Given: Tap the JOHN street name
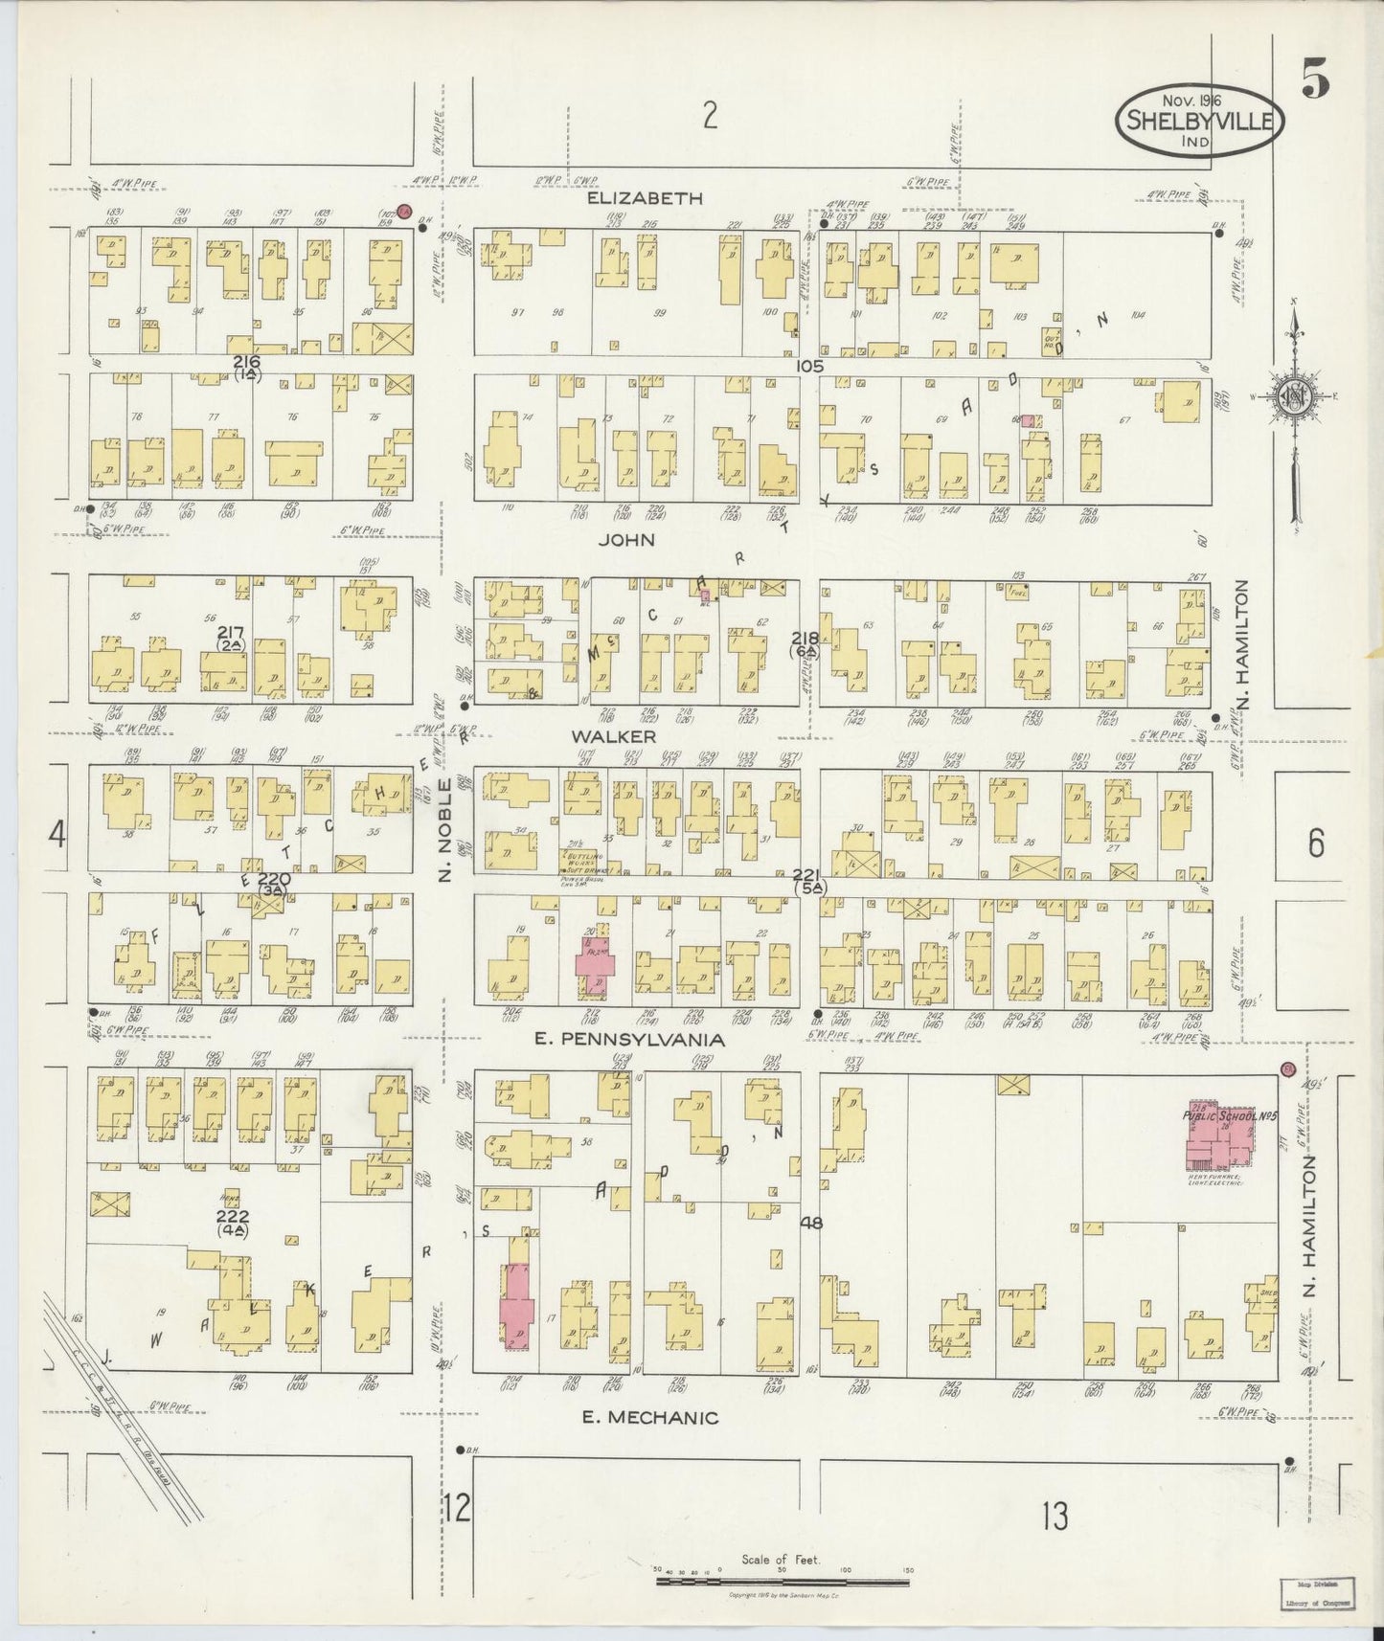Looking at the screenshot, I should click(626, 540).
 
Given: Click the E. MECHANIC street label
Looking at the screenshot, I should click(650, 1418).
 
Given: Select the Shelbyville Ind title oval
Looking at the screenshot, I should click(1198, 121).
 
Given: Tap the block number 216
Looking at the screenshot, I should click(246, 362).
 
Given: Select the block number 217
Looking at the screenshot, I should click(231, 633).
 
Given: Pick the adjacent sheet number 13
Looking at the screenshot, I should click(1055, 1516).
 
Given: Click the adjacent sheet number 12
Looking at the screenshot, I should click(457, 1509).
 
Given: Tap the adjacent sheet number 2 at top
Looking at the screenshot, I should click(709, 116).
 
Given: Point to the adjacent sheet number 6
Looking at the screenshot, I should click(1315, 843).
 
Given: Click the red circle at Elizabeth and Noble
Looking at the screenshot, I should click(404, 212).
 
